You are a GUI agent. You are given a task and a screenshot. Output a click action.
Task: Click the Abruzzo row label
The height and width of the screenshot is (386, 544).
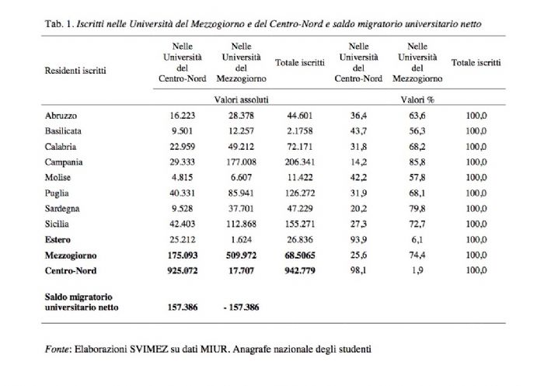click(61, 116)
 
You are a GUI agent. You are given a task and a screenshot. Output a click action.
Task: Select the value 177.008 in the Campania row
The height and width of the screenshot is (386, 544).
click(241, 162)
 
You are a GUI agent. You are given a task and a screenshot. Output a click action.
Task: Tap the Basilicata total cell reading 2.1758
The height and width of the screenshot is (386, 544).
click(300, 131)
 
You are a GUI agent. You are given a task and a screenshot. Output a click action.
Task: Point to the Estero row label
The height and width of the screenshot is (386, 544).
click(58, 240)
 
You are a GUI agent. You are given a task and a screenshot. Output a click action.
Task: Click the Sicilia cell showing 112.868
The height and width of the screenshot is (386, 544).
click(241, 224)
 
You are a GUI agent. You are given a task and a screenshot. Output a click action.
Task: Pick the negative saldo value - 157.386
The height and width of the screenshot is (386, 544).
click(241, 308)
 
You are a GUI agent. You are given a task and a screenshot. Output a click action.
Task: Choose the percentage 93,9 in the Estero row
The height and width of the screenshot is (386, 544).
click(358, 240)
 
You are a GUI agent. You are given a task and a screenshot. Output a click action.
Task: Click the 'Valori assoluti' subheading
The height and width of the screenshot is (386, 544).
click(241, 100)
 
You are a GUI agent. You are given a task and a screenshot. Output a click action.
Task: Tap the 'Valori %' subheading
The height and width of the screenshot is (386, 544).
click(417, 100)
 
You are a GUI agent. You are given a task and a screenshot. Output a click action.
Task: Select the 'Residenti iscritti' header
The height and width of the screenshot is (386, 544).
click(75, 71)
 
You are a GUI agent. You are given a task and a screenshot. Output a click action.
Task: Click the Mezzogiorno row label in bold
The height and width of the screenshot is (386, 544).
click(71, 256)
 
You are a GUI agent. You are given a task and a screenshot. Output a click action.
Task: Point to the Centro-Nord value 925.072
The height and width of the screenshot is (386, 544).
click(183, 270)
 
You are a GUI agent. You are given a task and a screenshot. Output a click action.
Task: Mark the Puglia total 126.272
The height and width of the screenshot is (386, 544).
click(300, 193)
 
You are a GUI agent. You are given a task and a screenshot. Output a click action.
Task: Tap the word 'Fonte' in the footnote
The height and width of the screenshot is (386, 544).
click(57, 349)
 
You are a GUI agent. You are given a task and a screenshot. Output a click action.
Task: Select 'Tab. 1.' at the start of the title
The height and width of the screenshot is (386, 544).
click(59, 24)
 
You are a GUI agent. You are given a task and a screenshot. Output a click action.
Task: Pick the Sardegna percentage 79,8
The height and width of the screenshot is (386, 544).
click(417, 209)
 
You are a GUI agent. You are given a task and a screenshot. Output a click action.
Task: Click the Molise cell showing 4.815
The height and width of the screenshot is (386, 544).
click(182, 178)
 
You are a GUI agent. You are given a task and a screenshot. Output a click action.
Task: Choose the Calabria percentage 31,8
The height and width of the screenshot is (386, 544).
click(358, 147)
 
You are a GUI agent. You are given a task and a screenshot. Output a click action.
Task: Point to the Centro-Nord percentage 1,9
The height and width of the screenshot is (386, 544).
click(417, 270)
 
